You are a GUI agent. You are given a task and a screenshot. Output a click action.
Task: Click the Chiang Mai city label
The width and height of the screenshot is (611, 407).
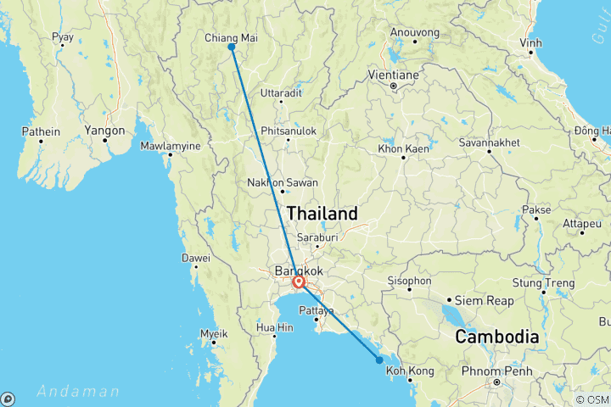(x=231, y=37)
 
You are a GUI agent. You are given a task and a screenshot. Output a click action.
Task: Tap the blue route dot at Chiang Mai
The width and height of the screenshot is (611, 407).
(x=231, y=47)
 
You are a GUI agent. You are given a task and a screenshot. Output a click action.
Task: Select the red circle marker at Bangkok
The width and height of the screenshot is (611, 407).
(x=298, y=283)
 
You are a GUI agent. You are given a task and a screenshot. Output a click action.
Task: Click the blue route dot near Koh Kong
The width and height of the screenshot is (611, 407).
(x=379, y=360)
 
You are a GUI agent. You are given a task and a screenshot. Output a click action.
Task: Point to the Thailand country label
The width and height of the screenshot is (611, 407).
(x=322, y=213)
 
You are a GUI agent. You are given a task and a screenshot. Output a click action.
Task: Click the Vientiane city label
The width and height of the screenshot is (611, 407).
(x=394, y=74)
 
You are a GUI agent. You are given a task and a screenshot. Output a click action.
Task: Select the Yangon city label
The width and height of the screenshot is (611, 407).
(x=105, y=131)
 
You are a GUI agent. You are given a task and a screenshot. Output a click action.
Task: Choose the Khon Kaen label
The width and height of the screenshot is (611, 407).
(x=402, y=148)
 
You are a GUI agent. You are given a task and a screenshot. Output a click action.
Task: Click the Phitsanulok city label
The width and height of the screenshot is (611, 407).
(x=289, y=131)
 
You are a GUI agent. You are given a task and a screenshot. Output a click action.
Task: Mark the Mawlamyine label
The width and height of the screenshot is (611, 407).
(x=171, y=146)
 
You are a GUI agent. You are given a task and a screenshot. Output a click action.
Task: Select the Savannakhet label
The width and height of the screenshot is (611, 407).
(x=490, y=142)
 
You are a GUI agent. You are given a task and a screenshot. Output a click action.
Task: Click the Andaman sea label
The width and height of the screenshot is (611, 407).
(x=78, y=391)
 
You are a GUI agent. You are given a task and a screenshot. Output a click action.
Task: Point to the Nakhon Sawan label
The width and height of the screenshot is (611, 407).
(x=282, y=182)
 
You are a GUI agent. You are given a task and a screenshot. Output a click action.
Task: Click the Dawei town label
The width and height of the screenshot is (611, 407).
(x=195, y=258)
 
